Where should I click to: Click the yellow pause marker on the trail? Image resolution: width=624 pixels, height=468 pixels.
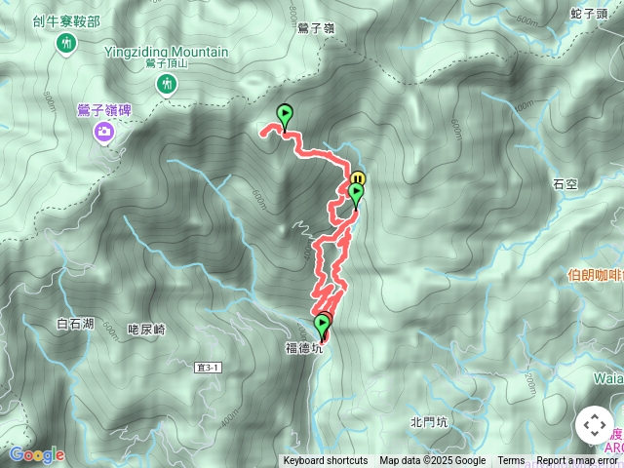point(358,179)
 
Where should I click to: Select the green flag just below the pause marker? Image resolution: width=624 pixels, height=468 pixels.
point(356,194)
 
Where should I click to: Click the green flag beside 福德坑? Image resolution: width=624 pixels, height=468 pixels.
point(322,325)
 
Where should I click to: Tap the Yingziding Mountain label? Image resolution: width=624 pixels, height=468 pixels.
point(167,53)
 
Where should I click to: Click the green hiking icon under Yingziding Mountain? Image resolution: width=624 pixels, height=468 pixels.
point(167,86)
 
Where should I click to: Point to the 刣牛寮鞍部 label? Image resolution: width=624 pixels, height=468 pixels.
point(66,19)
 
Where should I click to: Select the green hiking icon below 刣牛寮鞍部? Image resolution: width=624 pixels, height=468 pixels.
point(66,43)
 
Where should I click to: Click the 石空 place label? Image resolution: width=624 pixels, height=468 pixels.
point(565,183)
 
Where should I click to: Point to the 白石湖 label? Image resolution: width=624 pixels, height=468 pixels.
point(75,323)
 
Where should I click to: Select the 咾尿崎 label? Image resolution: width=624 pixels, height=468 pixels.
point(147,330)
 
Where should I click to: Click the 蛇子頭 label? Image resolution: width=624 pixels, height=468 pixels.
point(591,13)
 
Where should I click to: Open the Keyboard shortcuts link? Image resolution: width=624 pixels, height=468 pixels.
point(326,461)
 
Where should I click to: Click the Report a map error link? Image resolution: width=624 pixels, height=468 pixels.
point(577,461)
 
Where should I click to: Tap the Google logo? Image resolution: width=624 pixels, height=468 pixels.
point(36,454)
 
